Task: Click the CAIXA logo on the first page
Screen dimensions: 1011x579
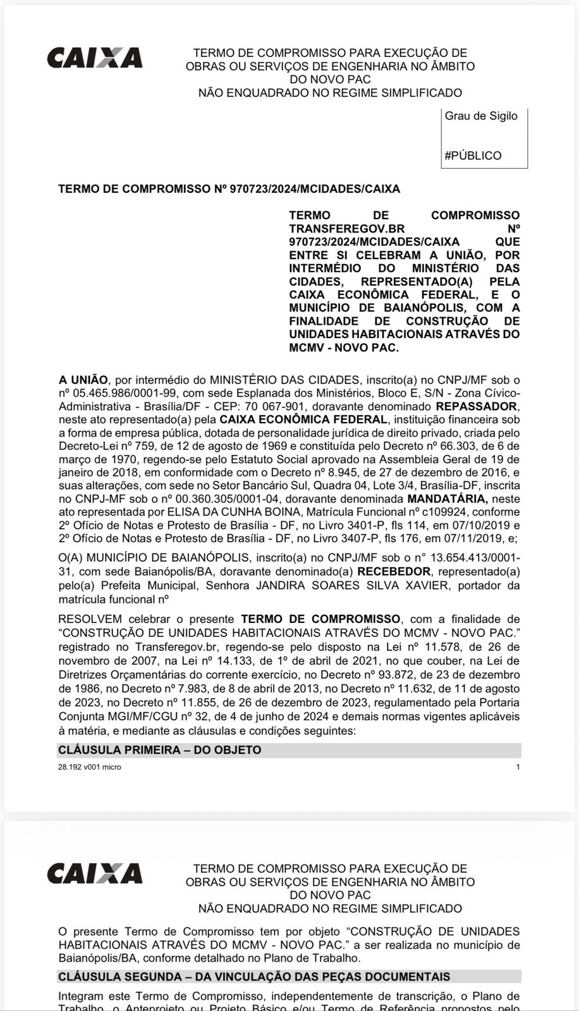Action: coord(95,58)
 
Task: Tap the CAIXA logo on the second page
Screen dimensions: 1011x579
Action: coord(95,873)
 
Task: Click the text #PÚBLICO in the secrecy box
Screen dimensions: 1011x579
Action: coord(473,155)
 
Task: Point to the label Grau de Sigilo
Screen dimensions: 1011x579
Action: coord(481,116)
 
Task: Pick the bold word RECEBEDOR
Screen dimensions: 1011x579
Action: coord(394,572)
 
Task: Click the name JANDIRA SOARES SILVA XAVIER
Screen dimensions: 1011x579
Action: coord(352,585)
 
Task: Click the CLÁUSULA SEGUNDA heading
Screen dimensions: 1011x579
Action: coord(254,977)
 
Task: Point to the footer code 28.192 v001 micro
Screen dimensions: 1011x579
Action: coord(89,767)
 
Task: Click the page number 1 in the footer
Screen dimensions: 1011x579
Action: coord(518,767)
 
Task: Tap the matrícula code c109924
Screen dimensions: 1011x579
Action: coord(437,512)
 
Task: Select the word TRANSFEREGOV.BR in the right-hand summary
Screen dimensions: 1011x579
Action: coord(346,229)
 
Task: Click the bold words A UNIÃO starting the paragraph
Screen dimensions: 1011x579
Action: coord(83,380)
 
